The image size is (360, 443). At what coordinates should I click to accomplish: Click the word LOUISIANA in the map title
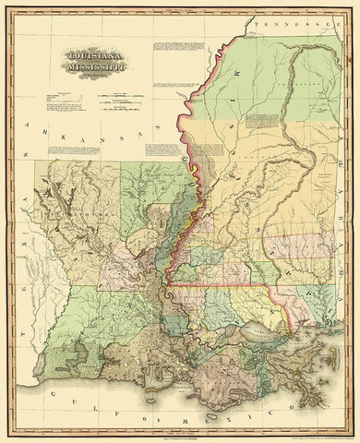click(95, 54)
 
